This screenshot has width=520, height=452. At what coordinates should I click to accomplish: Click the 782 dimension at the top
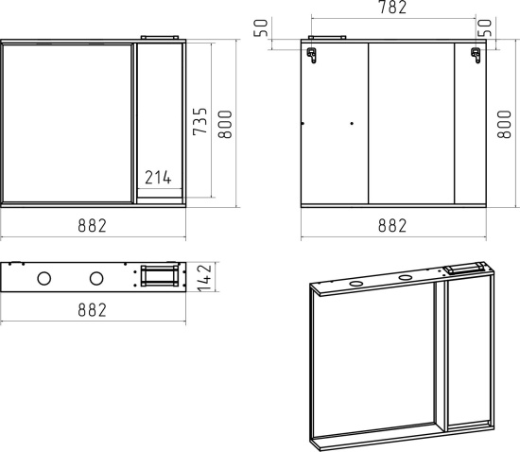click(x=392, y=8)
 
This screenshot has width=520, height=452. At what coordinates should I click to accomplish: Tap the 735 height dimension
click(x=199, y=121)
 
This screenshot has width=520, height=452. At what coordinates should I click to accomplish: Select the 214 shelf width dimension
click(x=158, y=178)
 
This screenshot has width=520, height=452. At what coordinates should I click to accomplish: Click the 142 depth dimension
click(x=204, y=277)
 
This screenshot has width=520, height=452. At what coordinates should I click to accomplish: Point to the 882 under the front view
click(x=93, y=225)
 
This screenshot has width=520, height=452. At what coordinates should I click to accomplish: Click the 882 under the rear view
click(x=392, y=225)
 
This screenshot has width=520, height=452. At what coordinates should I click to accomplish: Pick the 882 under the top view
click(x=93, y=310)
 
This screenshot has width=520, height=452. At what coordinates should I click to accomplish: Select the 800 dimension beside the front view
click(x=225, y=124)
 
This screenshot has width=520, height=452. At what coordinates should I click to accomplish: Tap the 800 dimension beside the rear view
click(x=504, y=124)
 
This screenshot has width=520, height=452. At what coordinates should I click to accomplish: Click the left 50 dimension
click(x=261, y=27)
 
